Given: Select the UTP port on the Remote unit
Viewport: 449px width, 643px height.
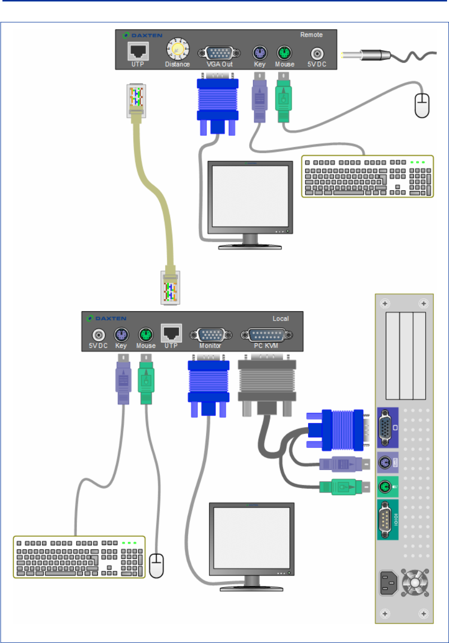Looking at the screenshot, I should click(138, 51).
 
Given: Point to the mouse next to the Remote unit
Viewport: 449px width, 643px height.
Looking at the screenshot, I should click(422, 105).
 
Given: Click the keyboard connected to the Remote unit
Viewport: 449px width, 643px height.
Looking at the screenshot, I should click(367, 176).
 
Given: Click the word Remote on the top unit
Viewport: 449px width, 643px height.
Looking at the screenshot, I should click(311, 35).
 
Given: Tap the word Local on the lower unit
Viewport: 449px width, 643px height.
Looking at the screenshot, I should click(281, 319).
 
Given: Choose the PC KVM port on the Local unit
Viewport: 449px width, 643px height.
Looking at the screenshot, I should click(266, 335).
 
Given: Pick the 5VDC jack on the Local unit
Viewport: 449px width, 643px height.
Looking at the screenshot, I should click(99, 335).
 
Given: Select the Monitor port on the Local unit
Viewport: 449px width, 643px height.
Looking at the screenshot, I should click(210, 335).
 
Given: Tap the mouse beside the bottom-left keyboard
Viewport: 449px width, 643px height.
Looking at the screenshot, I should click(156, 566).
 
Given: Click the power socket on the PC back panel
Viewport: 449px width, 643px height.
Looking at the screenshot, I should click(389, 583).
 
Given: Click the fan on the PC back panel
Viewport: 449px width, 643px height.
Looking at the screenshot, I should click(415, 583).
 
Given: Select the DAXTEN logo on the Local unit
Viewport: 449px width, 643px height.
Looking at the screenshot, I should click(107, 319).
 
